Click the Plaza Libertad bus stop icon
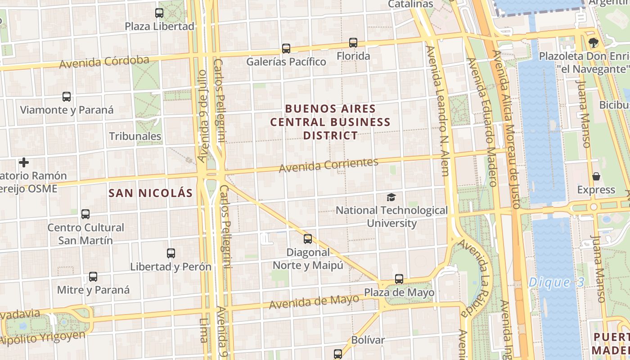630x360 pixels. point(159,13)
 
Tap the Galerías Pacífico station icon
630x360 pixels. point(286,48)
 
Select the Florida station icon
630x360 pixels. point(353,43)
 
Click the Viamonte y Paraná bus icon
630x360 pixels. point(67,96)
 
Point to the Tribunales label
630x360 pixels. point(135,136)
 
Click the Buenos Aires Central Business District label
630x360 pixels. point(331,122)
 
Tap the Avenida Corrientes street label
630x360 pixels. point(328,165)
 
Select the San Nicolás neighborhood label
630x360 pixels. point(151,193)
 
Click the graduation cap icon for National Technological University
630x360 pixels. point(391,197)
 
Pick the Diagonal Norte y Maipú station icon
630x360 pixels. point(308,239)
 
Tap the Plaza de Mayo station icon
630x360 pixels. point(399,279)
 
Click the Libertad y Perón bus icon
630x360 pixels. point(171,253)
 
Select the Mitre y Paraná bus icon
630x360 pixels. point(93,277)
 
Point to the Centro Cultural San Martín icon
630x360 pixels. point(85,214)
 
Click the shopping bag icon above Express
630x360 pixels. point(596,176)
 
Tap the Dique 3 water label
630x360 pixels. point(556,283)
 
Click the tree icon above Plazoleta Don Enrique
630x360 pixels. point(594,43)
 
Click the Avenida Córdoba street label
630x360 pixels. point(104,62)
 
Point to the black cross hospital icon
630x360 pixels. point(24,162)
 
